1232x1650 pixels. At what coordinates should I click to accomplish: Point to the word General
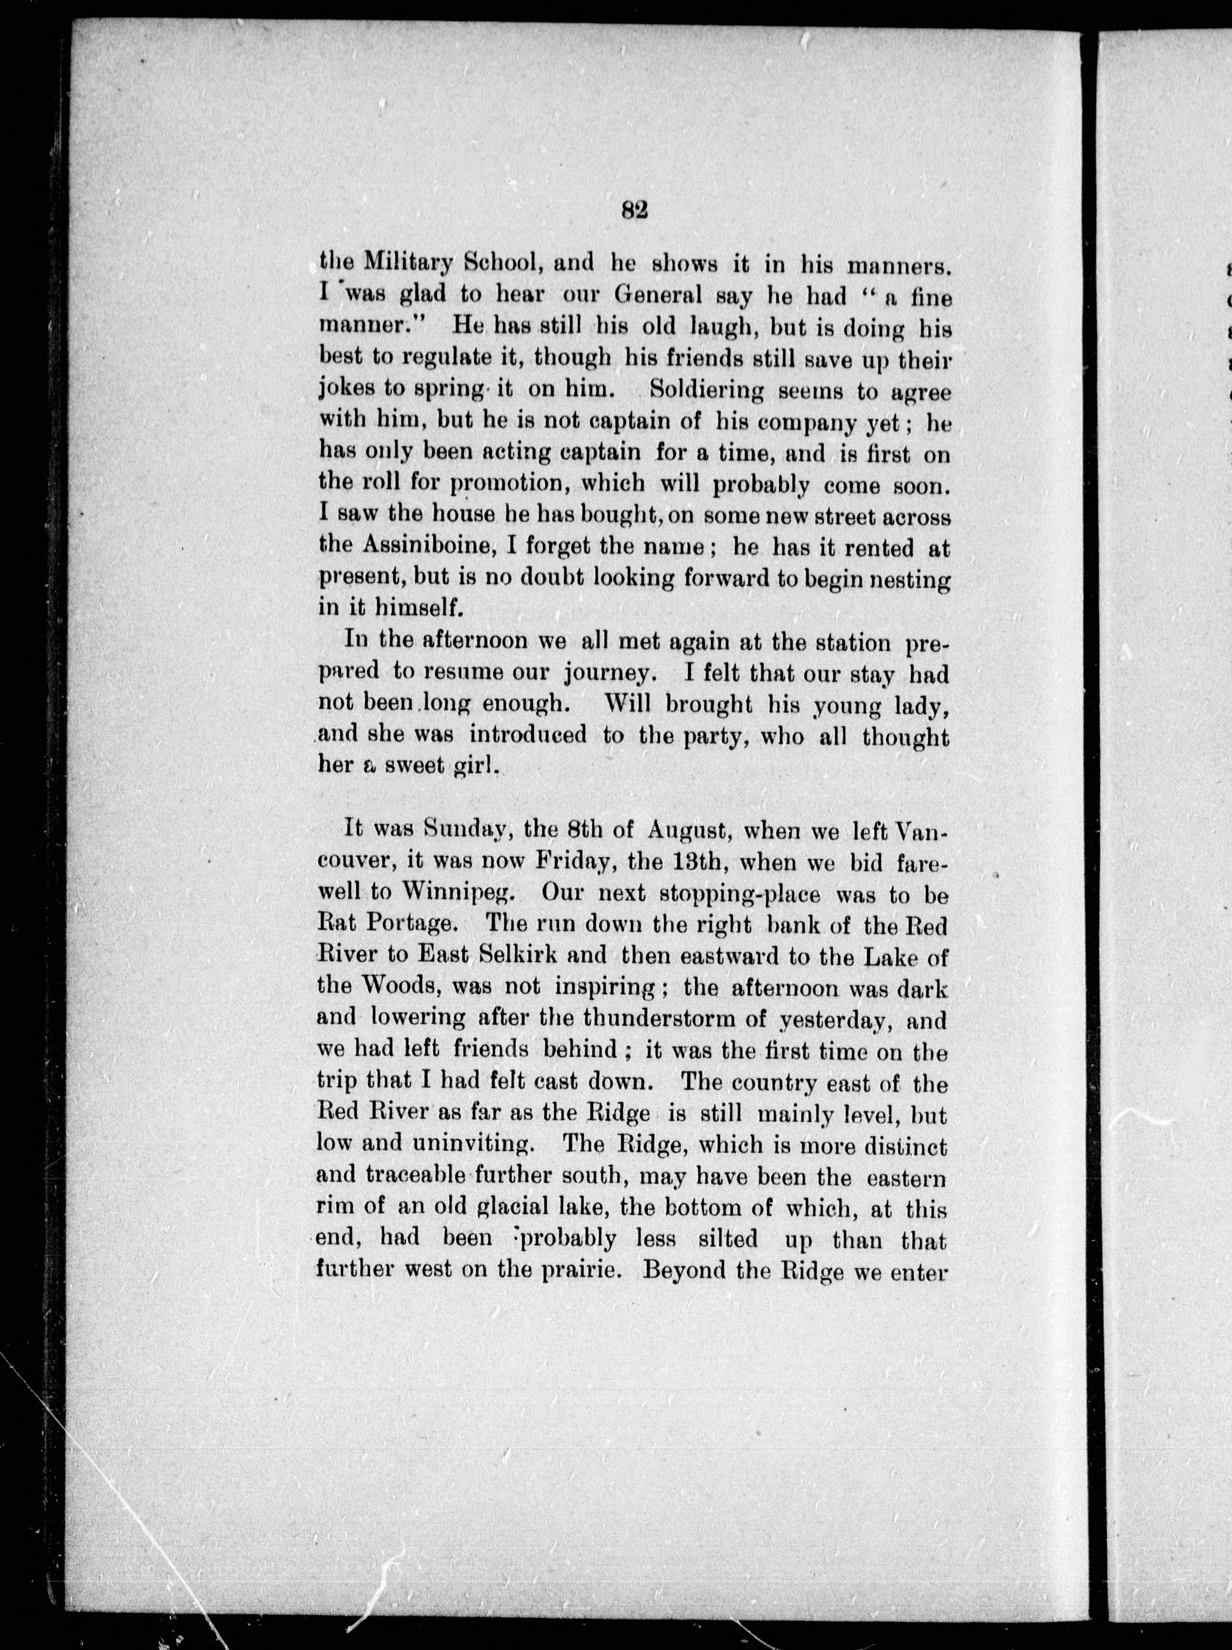pyautogui.click(x=659, y=296)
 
